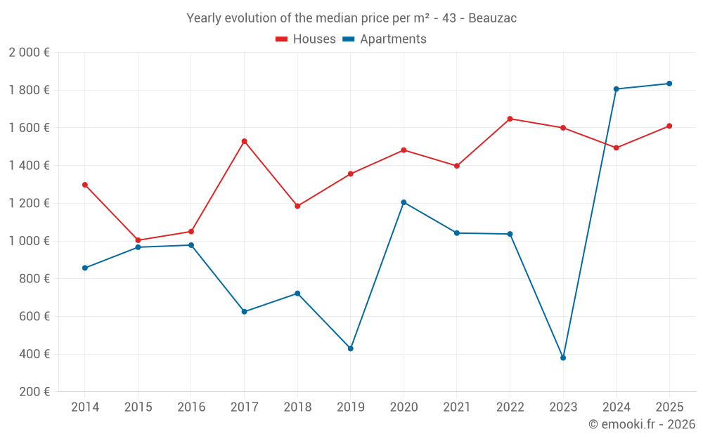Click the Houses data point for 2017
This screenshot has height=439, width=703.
244,141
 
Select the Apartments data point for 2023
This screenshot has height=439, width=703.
563,358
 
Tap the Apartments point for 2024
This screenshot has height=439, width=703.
616,89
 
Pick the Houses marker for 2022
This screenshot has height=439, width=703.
510,119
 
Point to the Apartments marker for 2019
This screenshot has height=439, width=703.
351,348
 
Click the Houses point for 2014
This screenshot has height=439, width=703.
85,185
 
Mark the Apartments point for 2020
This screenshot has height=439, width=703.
404,202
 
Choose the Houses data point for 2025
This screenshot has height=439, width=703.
669,126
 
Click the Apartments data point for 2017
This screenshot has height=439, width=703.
244,311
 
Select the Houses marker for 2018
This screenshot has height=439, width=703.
297,206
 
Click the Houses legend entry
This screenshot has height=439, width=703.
306,39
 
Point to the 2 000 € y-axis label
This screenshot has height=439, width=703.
29,53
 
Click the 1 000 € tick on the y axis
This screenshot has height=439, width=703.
29,241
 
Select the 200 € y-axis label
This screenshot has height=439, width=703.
33,392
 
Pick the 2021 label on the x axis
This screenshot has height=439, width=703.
457,407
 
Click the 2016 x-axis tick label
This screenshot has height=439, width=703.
191,407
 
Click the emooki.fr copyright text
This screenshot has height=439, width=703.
641,424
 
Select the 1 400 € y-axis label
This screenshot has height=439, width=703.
29,166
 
